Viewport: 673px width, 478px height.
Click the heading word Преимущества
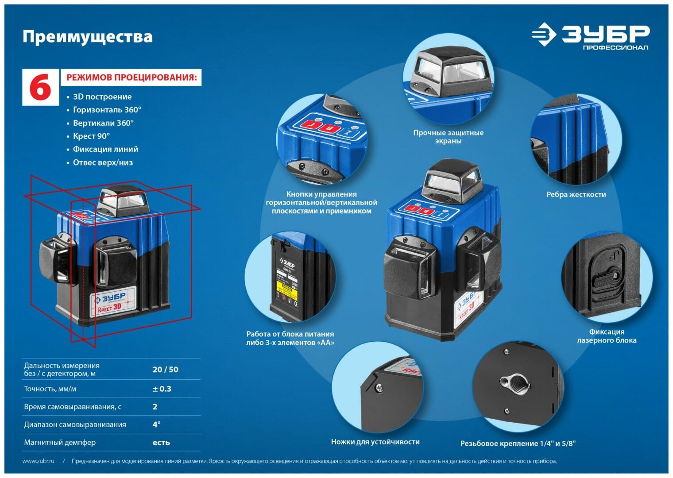(87, 36)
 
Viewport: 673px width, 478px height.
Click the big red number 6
(40, 87)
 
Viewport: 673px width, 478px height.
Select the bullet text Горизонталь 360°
(107, 110)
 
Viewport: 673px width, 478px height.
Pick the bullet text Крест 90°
(91, 136)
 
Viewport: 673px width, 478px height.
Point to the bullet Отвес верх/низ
(103, 162)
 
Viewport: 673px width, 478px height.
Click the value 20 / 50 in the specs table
(165, 370)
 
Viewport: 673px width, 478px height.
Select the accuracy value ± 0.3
(162, 389)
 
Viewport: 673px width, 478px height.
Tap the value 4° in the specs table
(156, 424)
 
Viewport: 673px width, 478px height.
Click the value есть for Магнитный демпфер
(161, 443)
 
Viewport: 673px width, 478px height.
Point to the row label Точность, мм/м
(50, 389)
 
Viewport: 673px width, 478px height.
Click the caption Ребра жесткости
(576, 195)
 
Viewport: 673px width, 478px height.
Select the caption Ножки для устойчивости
(375, 442)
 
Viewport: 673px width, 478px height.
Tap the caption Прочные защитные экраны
(448, 137)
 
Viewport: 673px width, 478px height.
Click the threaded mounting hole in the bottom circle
(515, 383)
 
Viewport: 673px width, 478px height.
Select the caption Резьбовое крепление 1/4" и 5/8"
(518, 443)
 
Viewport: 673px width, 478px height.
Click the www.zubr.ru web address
(39, 461)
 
